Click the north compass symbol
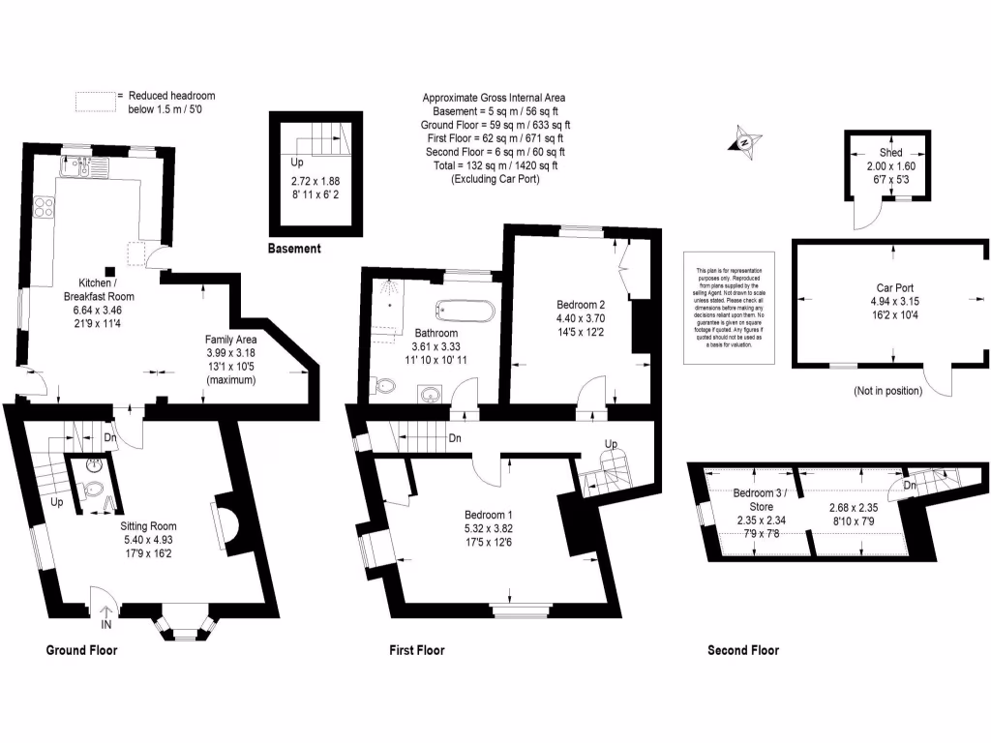click(744, 140)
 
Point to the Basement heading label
click(294, 249)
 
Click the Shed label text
click(890, 153)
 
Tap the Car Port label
click(889, 287)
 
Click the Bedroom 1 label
click(489, 514)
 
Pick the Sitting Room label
click(146, 525)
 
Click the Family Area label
click(230, 339)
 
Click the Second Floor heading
click(743, 650)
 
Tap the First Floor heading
click(417, 650)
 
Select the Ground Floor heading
click(82, 650)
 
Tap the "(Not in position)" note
click(887, 391)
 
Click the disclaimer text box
click(731, 307)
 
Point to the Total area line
click(494, 165)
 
